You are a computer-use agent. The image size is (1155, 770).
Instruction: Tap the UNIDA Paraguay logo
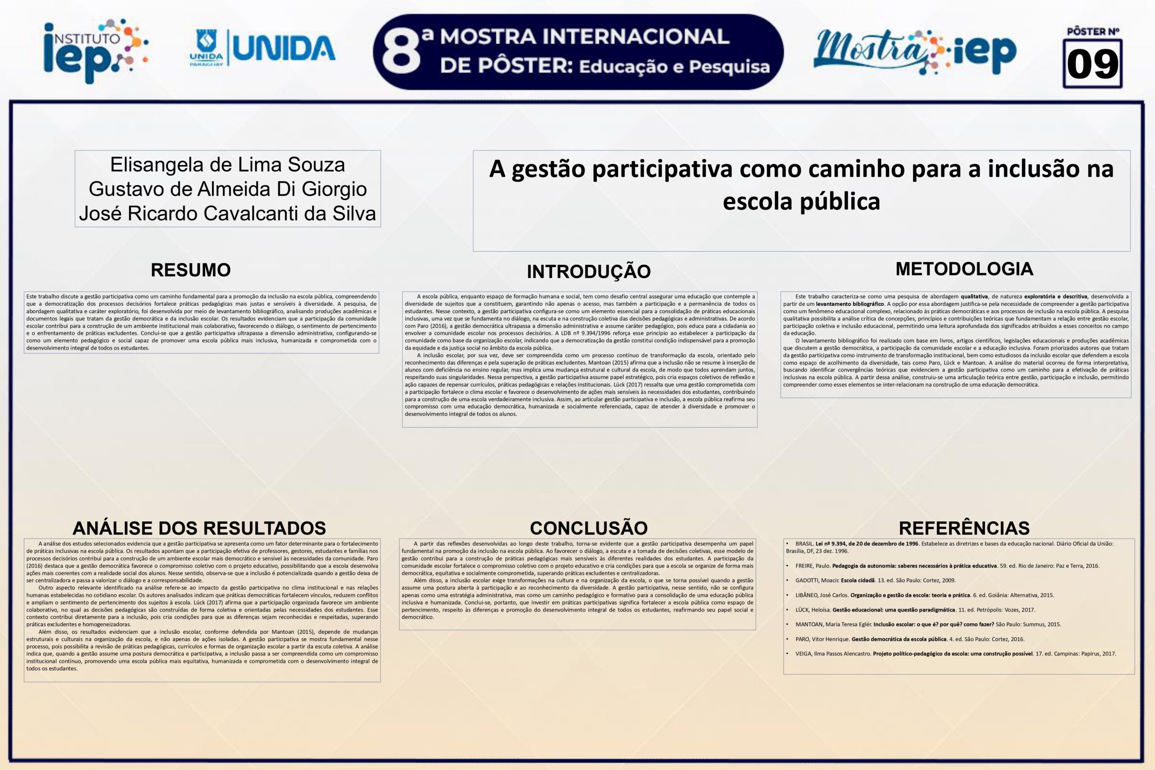tap(262, 48)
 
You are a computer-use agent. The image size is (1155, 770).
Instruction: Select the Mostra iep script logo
tap(915, 52)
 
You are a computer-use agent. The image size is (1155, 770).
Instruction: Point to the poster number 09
tap(1093, 65)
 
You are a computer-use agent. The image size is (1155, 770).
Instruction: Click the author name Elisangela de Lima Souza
tap(227, 165)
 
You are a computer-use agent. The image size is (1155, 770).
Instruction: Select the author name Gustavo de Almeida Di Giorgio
tap(227, 189)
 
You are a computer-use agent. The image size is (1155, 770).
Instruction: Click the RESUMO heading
tap(190, 270)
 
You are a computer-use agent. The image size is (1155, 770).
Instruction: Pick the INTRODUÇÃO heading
tap(588, 272)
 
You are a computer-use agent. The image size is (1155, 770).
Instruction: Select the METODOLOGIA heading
tap(964, 269)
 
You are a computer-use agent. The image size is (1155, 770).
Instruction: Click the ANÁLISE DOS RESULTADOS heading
tap(199, 528)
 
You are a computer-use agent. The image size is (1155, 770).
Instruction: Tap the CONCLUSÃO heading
tap(588, 528)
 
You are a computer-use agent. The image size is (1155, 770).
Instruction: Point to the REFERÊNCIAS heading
tap(964, 528)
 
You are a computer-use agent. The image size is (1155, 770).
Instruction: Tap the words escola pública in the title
tap(801, 201)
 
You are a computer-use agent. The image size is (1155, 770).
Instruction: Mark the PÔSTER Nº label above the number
tap(1093, 32)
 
